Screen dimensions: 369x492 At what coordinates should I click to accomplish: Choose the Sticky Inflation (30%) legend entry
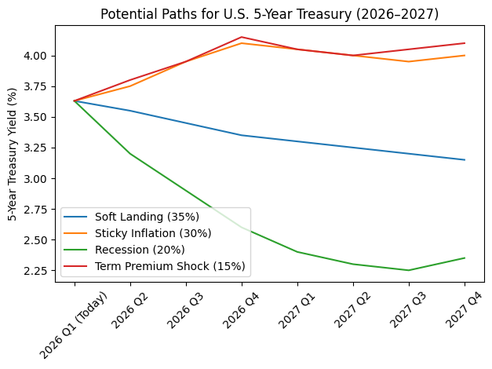tap(147, 233)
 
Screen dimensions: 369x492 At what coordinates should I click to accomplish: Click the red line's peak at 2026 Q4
tap(242, 37)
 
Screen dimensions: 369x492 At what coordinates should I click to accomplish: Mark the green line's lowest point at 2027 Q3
tap(409, 270)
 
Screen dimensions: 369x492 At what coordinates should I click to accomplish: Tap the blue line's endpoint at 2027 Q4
tap(465, 160)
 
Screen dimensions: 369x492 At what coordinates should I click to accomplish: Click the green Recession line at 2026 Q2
tap(130, 154)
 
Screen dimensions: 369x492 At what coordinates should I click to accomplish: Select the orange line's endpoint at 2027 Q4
tap(465, 56)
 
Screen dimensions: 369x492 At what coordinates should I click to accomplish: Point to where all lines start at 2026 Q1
tap(75, 101)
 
